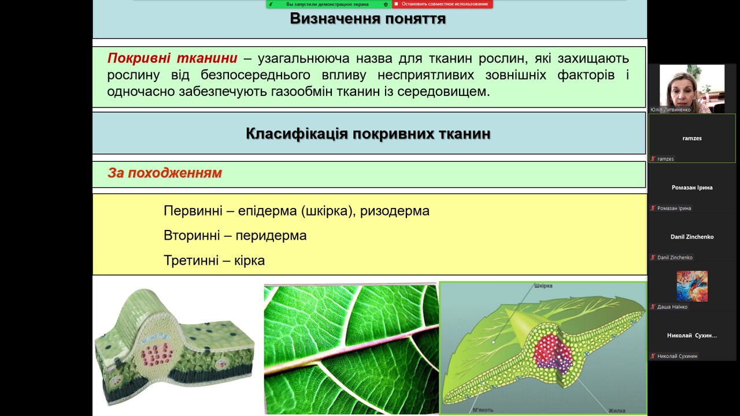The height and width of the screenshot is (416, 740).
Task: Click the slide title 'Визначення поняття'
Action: point(368,18)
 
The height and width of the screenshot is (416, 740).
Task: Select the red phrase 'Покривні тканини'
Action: point(172,58)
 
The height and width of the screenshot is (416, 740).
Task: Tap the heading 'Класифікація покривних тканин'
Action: point(368,133)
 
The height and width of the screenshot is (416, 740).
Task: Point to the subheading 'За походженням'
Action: point(165,173)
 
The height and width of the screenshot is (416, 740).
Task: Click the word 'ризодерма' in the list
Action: point(394,211)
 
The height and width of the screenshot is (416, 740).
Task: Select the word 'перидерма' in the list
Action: point(271,235)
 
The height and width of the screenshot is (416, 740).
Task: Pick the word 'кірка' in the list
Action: point(249,261)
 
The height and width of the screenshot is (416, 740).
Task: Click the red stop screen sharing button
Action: point(442,4)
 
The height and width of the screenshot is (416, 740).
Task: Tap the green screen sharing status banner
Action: point(329,4)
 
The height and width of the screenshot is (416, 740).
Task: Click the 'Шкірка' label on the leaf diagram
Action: point(543,285)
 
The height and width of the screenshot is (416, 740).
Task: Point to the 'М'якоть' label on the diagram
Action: point(483,410)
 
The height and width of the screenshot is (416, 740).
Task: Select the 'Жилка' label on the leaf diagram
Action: point(616,411)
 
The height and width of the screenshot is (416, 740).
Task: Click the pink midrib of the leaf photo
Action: point(351,350)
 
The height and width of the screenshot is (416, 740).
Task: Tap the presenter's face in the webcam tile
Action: point(684,91)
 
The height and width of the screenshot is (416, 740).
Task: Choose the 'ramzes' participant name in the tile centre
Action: point(692,138)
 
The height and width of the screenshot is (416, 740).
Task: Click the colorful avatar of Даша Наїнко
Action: point(692,286)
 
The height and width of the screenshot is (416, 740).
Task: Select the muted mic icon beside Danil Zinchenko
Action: point(653,258)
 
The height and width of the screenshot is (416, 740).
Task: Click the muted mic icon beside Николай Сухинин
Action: point(653,356)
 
